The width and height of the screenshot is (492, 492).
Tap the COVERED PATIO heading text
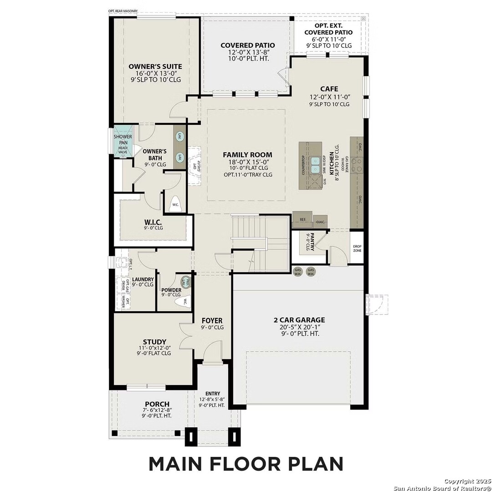click(247, 45)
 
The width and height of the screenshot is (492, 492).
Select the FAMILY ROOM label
click(247, 155)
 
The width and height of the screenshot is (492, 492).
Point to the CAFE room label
click(329, 89)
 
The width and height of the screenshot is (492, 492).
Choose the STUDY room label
click(154, 342)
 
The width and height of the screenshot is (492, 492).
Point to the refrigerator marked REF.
click(302, 220)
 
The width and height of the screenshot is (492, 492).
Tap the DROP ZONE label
click(357, 248)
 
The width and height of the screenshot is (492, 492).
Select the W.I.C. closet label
click(153, 222)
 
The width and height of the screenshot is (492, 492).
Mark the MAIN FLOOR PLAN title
click(246, 463)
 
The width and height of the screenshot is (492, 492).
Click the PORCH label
click(157, 404)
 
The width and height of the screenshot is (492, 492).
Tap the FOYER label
click(212, 320)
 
